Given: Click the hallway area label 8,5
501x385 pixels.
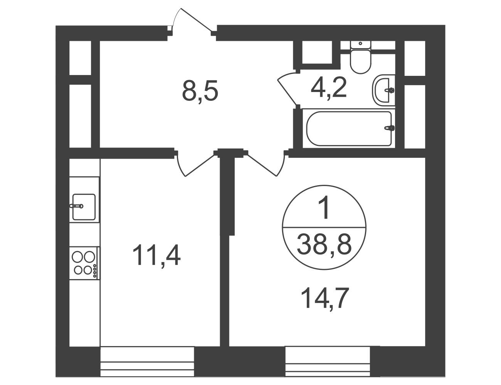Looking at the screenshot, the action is coord(200,91).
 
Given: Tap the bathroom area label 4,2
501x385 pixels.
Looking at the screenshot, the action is coord(328,88).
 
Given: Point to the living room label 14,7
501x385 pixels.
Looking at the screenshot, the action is coord(324,299).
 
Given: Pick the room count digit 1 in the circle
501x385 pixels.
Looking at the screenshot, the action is coord(324,209).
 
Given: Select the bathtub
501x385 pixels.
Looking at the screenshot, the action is coord(349,129).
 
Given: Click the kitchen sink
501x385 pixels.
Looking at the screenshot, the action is coord(84,207).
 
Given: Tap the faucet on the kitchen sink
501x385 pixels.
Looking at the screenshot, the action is coord(76,206).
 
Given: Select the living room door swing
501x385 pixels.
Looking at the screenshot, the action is coord(266,165).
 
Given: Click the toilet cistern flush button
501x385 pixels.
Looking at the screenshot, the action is coord(360,43).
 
